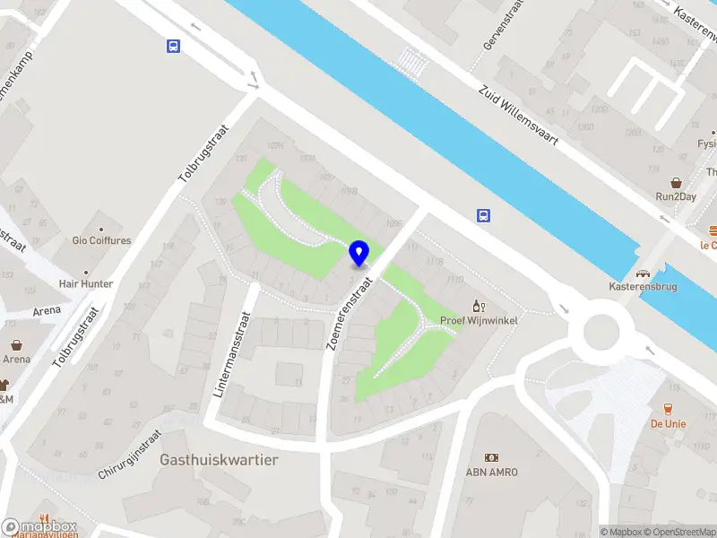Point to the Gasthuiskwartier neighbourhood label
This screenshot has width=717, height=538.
(219, 459)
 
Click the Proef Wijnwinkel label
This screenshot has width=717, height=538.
(479, 320)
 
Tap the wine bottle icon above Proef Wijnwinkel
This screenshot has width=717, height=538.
(479, 306)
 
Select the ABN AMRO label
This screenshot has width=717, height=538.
(491, 473)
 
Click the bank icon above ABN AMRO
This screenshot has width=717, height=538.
(491, 458)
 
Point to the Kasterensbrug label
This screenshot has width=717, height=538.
(641, 288)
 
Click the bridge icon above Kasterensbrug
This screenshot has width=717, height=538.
(642, 273)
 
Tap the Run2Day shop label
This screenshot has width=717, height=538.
(677, 196)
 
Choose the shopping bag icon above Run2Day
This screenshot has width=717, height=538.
(677, 181)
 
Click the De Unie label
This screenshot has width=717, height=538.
(668, 423)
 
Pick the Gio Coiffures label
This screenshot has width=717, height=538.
(101, 240)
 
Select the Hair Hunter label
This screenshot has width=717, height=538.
(86, 284)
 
